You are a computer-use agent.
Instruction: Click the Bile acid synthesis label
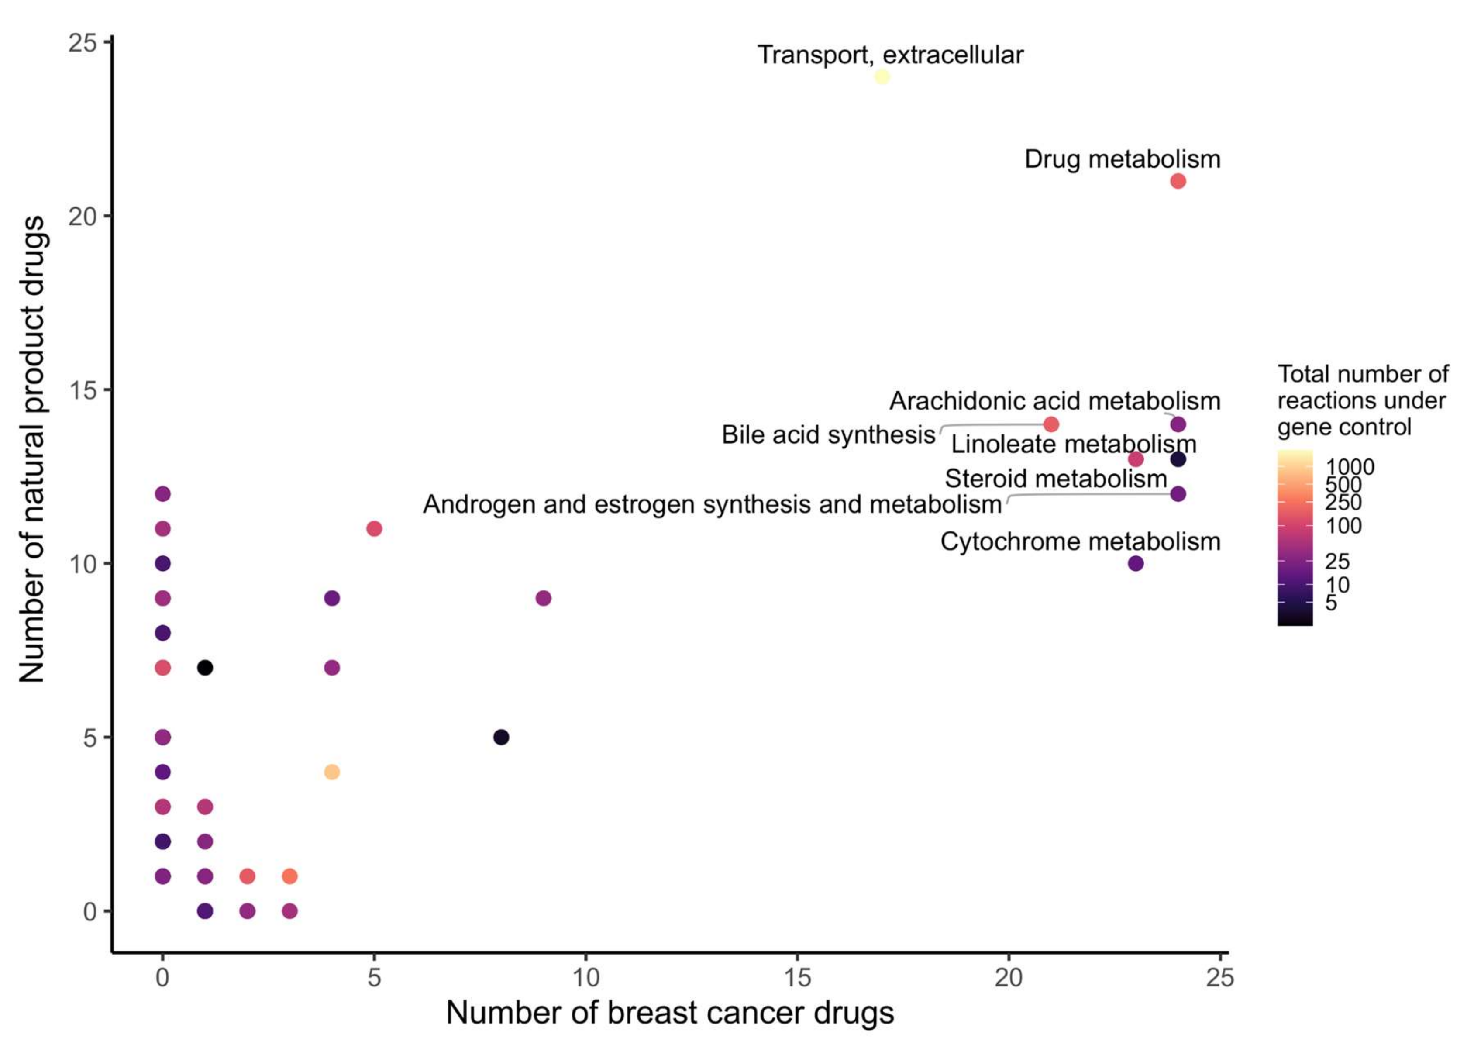pos(828,435)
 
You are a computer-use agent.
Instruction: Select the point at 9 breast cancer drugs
pos(543,598)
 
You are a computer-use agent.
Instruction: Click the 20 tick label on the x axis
pos(1008,978)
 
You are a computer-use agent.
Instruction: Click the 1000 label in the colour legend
pos(1350,466)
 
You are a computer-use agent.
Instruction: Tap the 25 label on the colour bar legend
pos(1337,562)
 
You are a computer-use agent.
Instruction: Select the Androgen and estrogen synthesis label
pos(712,505)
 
